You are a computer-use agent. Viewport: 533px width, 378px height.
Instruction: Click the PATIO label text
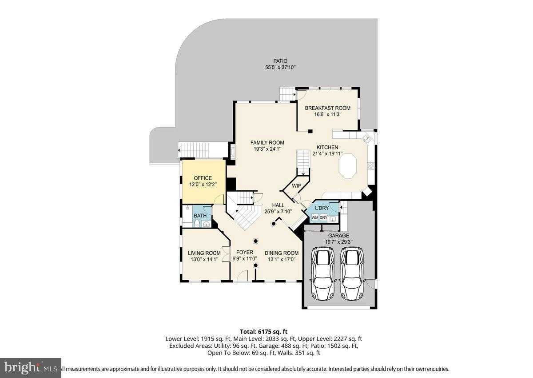click(280, 61)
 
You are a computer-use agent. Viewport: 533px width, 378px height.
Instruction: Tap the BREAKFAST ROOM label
click(327, 108)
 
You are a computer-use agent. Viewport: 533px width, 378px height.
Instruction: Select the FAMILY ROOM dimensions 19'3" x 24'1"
click(266, 149)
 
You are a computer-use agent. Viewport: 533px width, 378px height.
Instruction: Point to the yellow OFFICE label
click(203, 178)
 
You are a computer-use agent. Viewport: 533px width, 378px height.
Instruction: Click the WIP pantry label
click(296, 185)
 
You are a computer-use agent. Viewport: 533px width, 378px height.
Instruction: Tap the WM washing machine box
click(315, 217)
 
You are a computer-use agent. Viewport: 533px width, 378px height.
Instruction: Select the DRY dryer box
click(324, 217)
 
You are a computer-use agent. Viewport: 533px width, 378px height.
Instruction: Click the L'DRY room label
click(322, 208)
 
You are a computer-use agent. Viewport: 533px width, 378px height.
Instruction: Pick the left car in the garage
click(323, 274)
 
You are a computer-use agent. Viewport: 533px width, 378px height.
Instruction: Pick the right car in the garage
click(352, 274)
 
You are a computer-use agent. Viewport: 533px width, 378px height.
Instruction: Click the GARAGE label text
click(338, 236)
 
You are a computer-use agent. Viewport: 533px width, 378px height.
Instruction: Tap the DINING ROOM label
click(282, 253)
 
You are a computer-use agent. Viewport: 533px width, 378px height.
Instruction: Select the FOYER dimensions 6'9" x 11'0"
click(244, 258)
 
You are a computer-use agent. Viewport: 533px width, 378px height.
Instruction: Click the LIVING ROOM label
click(204, 253)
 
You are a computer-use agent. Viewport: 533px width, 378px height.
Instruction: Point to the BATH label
click(200, 216)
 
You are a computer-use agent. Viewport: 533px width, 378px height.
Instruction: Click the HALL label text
click(278, 205)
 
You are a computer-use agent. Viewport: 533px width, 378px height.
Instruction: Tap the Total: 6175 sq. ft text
click(264, 331)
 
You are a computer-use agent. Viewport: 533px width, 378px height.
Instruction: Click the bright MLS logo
click(30, 368)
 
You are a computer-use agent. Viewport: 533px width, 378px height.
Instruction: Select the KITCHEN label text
click(327, 147)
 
